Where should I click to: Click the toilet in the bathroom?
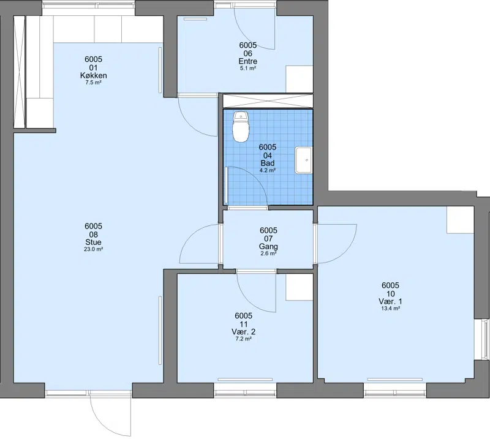[x=241, y=127]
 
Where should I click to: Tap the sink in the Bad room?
[x=304, y=160]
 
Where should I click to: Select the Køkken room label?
[x=94, y=75]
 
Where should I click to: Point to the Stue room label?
[x=93, y=242]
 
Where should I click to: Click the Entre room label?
[x=248, y=61]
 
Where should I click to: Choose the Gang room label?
[x=268, y=246]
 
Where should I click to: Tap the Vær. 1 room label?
[x=390, y=301]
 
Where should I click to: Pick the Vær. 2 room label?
[x=243, y=332]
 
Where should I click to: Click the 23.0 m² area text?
[x=94, y=249]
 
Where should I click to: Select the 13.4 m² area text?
[x=390, y=309]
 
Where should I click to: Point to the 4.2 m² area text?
[x=268, y=170]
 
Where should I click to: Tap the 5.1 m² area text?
[x=248, y=68]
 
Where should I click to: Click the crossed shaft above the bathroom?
[x=268, y=101]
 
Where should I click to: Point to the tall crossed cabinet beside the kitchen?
[x=20, y=72]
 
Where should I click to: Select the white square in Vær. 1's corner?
[x=461, y=220]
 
